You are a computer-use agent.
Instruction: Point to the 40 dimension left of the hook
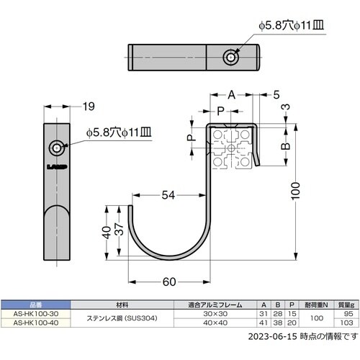pyautogui.click(x=106, y=233)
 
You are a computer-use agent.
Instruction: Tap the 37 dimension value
pyautogui.click(x=119, y=233)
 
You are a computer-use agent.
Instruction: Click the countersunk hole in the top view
pyautogui.click(x=228, y=56)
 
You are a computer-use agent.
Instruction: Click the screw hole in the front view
pyautogui.click(x=55, y=148)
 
